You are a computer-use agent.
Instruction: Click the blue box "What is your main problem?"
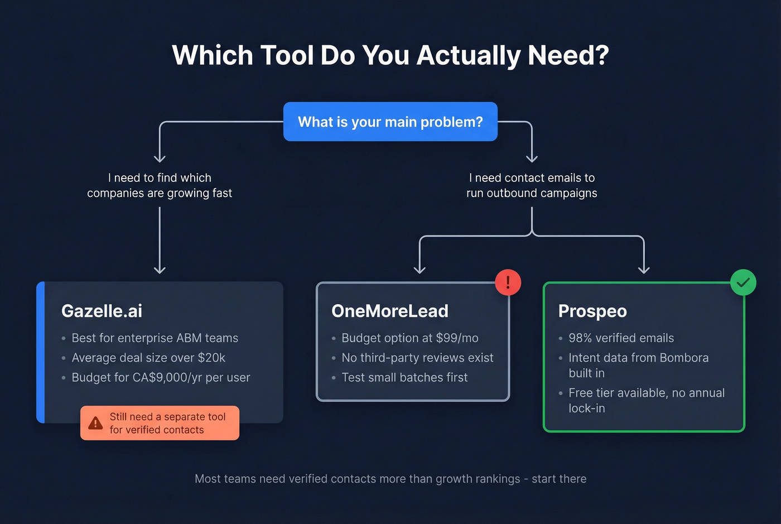pyautogui.click(x=390, y=122)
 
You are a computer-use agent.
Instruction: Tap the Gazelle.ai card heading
pyautogui.click(x=102, y=311)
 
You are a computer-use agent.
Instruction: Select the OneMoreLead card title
pyautogui.click(x=389, y=311)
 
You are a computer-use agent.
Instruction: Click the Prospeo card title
pyautogui.click(x=592, y=311)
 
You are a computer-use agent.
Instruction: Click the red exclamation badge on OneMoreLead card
pyautogui.click(x=508, y=282)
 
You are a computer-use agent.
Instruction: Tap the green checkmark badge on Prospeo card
pyautogui.click(x=743, y=282)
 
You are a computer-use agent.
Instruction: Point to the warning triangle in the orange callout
pyautogui.click(x=96, y=423)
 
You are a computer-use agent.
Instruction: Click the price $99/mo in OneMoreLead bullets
pyautogui.click(x=457, y=338)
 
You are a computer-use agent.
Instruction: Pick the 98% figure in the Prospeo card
pyautogui.click(x=580, y=338)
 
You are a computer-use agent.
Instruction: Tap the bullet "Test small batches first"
pyautogui.click(x=404, y=378)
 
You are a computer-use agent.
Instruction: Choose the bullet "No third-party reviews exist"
pyautogui.click(x=417, y=358)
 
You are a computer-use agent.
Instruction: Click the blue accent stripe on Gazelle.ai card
pyautogui.click(x=40, y=352)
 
